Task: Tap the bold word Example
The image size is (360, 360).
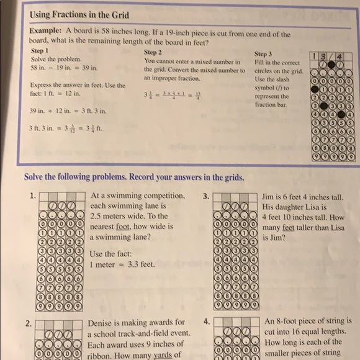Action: (45, 30)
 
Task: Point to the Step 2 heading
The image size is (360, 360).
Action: (153, 53)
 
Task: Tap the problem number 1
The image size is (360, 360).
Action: (32, 196)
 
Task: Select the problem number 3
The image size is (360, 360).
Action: (205, 196)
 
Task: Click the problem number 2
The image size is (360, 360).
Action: (29, 323)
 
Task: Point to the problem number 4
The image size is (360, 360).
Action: (205, 323)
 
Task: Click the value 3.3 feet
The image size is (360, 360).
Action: (140, 264)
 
